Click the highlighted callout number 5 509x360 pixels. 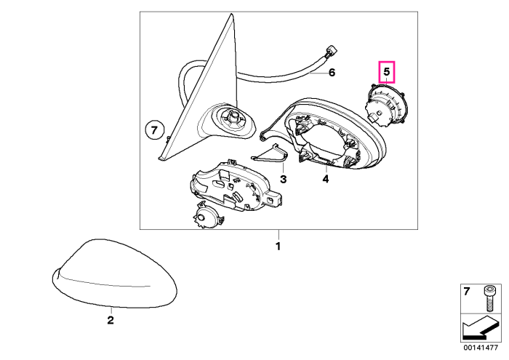tap(386, 71)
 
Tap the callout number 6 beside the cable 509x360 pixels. tap(332, 73)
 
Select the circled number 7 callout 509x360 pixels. tap(154, 131)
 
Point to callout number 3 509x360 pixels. tap(283, 179)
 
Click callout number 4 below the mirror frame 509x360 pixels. tap(326, 178)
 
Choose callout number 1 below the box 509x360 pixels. tap(278, 247)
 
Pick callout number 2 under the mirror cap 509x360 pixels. tap(111, 321)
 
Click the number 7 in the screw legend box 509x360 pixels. tap(466, 292)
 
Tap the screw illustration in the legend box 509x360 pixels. tap(488, 298)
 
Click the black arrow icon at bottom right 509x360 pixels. tap(480, 328)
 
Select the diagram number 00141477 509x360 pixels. tap(481, 348)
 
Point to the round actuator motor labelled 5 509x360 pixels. tap(385, 105)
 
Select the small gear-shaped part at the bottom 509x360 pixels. tap(207, 217)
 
